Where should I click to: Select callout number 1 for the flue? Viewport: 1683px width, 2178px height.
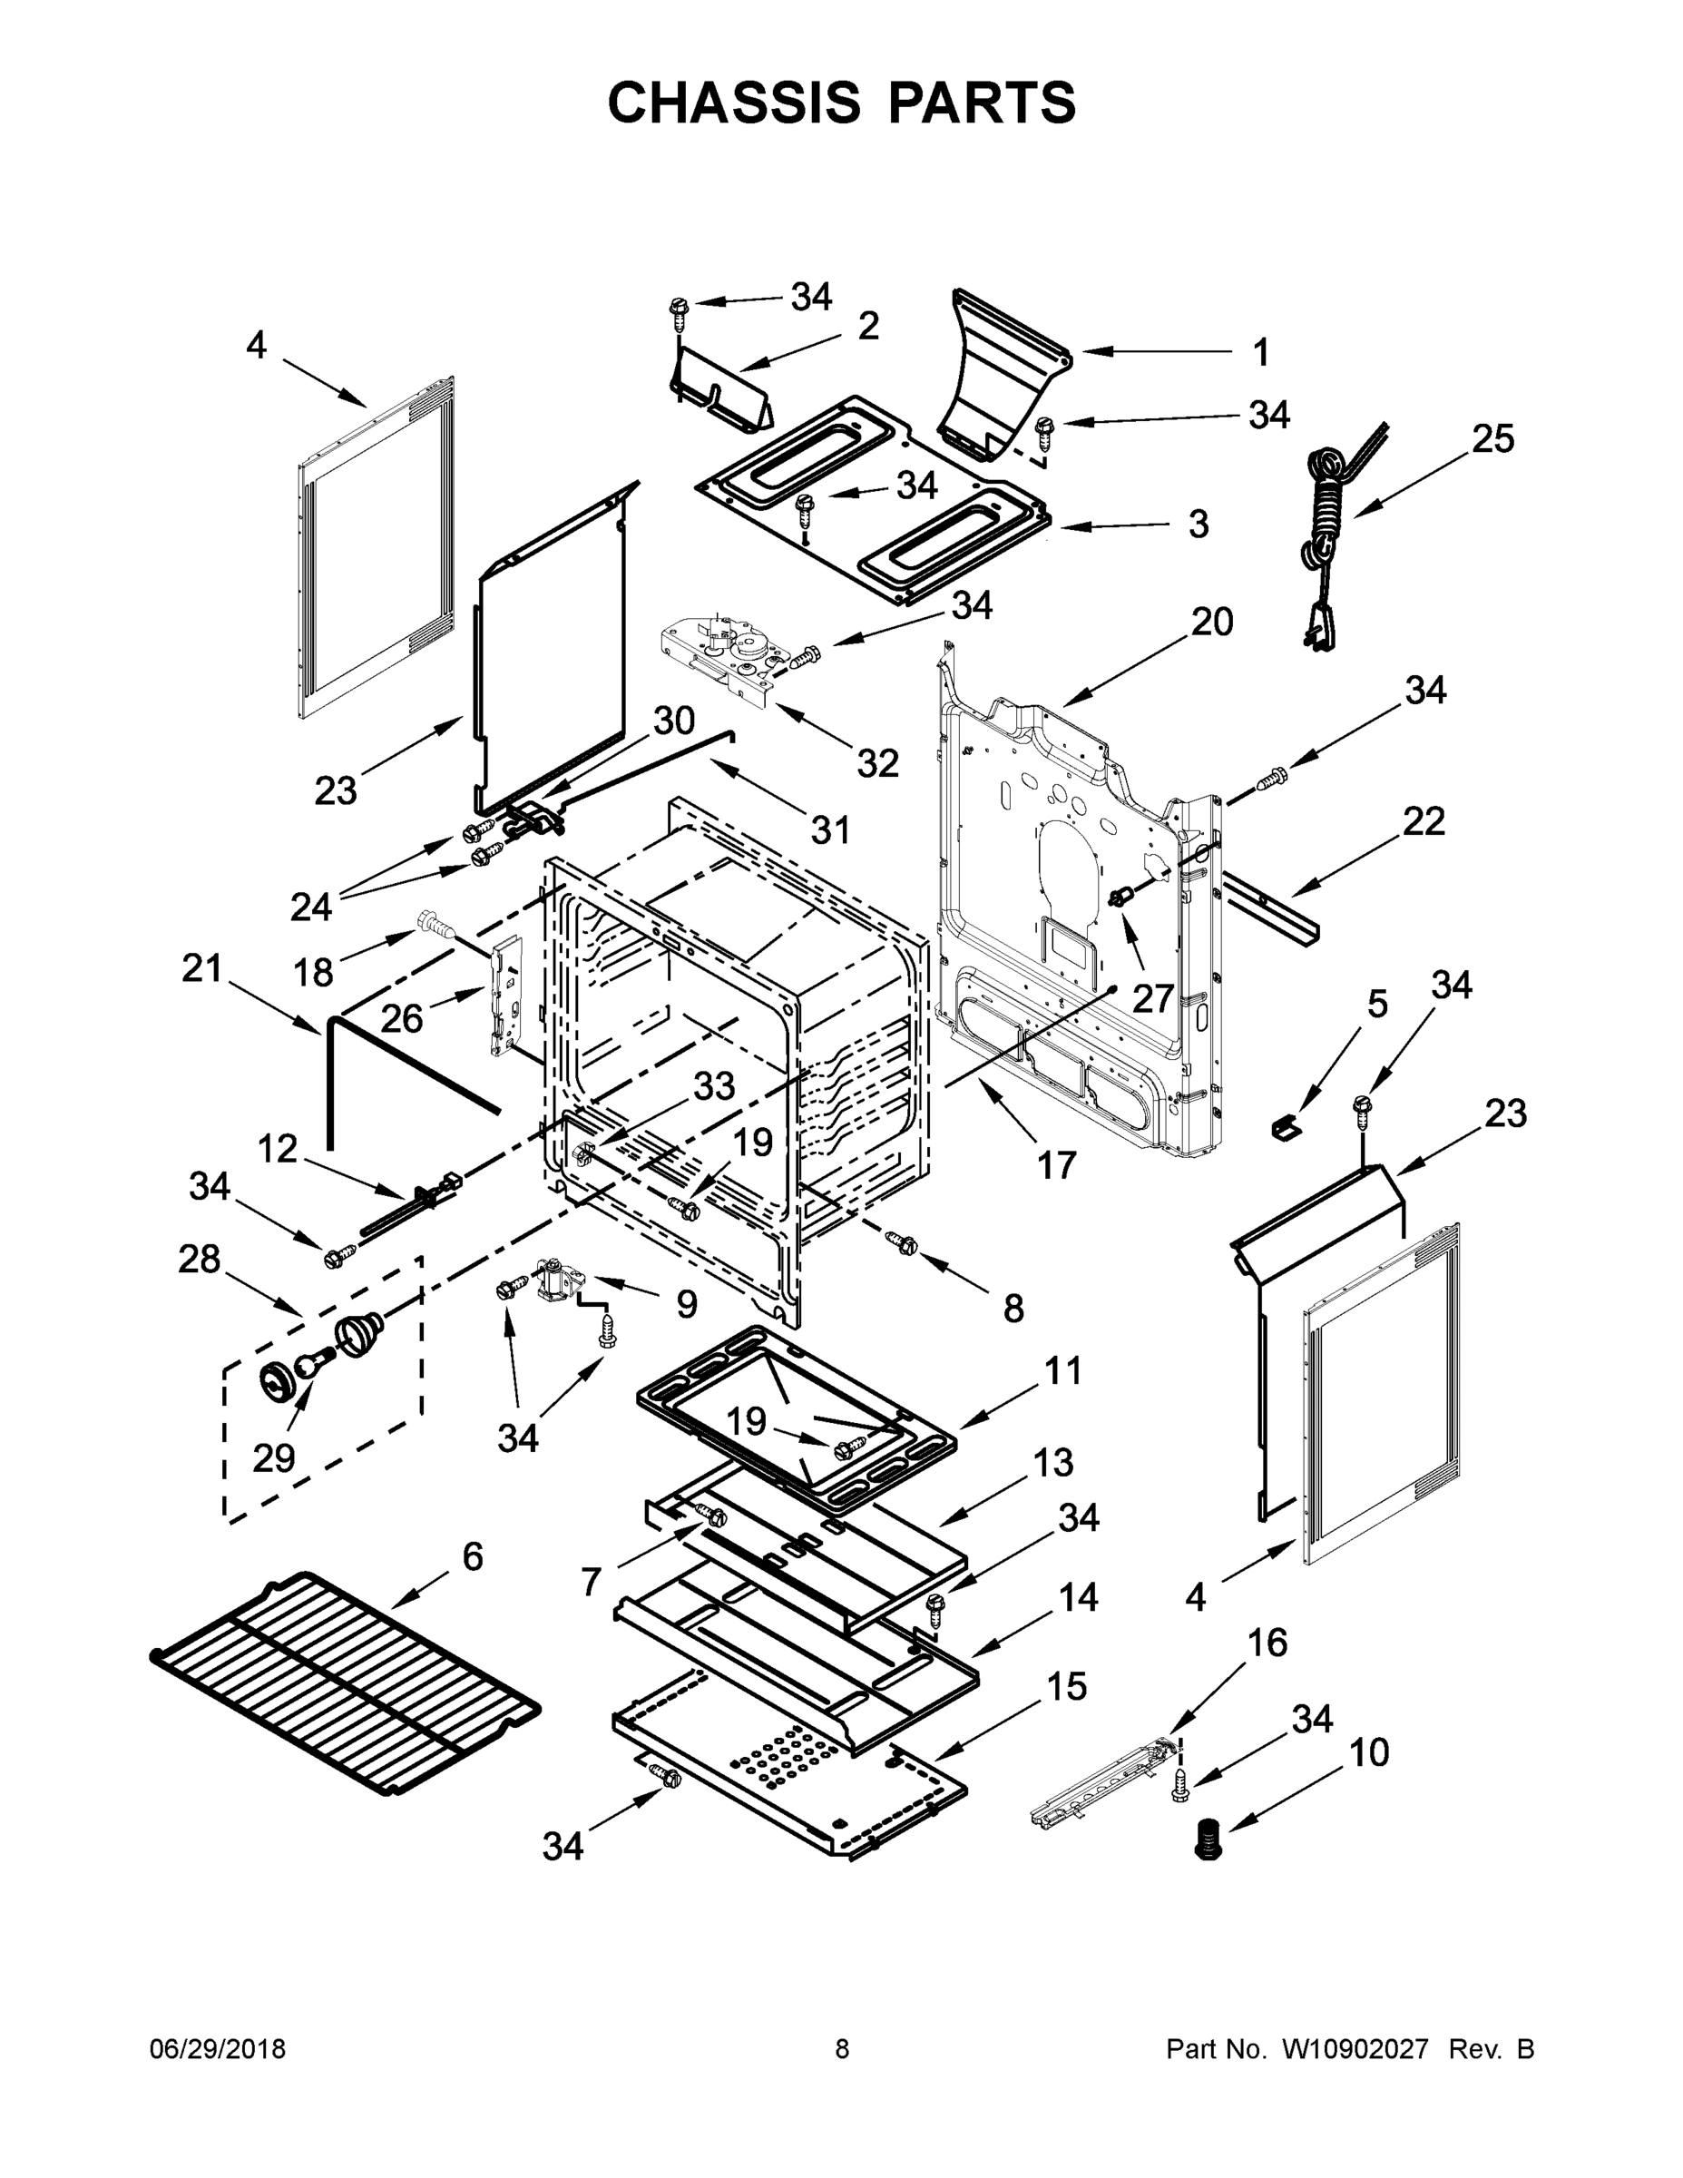tap(1260, 353)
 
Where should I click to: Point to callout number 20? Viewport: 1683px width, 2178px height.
tap(1212, 623)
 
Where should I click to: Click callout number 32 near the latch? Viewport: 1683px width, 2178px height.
tap(877, 764)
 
